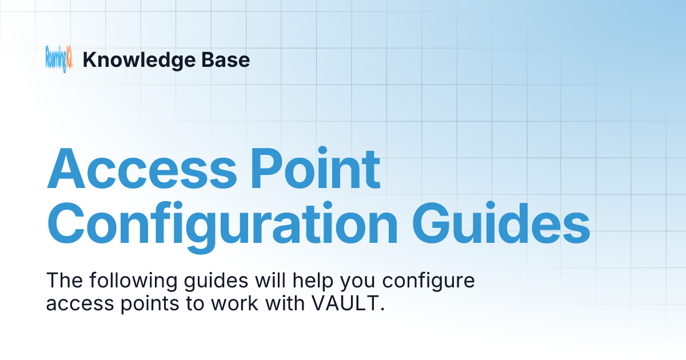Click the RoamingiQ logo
59,59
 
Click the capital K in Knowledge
89,60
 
